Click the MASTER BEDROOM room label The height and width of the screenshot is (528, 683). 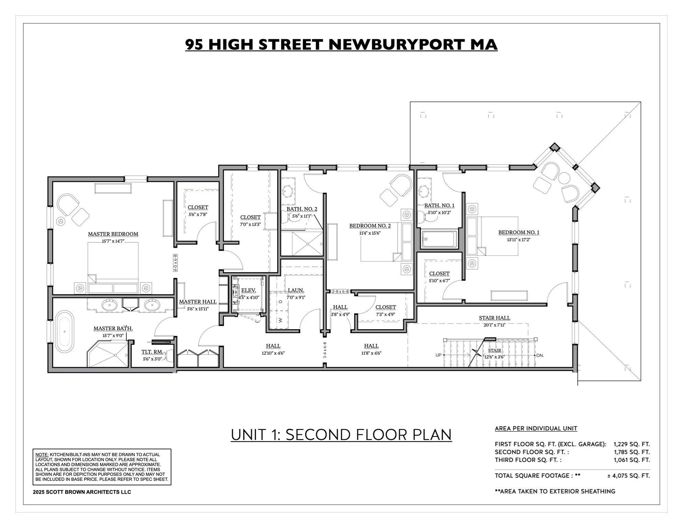tap(113, 234)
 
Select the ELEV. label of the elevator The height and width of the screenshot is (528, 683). tap(248, 290)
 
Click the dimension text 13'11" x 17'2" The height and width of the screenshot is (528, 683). tap(518, 240)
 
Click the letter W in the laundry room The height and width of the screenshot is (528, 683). tap(280, 320)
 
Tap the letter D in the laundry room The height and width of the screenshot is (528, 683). tap(280, 301)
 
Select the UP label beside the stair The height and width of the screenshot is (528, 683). tap(438, 355)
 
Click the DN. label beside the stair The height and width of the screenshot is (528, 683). tap(540, 355)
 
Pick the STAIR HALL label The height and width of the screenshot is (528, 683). tap(494, 318)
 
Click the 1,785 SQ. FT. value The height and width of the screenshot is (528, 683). tap(631, 452)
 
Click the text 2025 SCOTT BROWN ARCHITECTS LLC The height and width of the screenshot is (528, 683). tap(82, 492)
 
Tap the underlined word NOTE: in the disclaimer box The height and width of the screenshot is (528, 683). tap(42, 454)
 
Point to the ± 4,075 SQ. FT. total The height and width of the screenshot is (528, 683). tap(628, 476)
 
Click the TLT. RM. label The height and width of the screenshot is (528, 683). tap(152, 352)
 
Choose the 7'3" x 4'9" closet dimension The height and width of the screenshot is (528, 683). tap(385, 314)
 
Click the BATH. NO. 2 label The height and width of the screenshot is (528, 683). tap(302, 209)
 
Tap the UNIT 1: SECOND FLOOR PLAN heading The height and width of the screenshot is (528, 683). tap(341, 434)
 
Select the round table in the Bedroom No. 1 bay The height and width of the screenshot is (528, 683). tap(564, 178)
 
